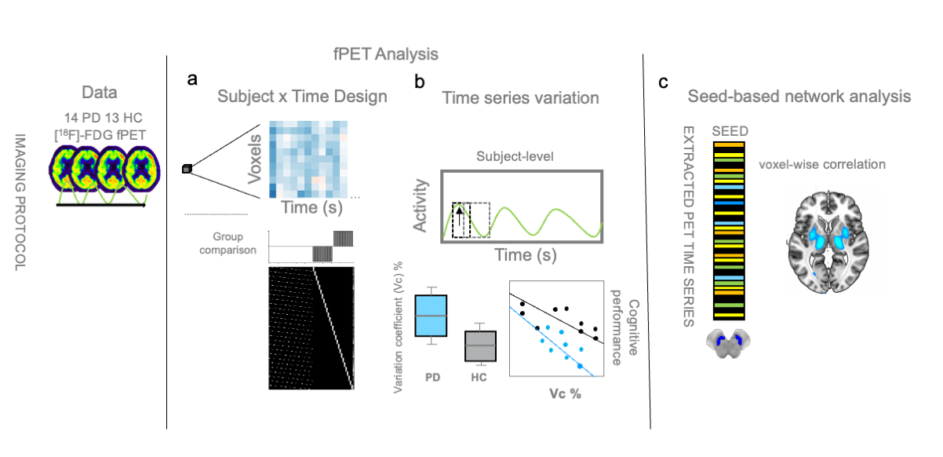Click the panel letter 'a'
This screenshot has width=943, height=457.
193,79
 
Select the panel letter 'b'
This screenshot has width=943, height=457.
421,80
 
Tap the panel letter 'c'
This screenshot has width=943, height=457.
664,81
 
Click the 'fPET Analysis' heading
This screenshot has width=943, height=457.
384,55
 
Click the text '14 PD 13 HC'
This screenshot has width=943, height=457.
104,118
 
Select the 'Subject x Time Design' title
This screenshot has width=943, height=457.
302,97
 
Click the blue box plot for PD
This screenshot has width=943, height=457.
431,315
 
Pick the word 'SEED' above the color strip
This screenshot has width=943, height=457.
728,130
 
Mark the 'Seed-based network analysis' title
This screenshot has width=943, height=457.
799,97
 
